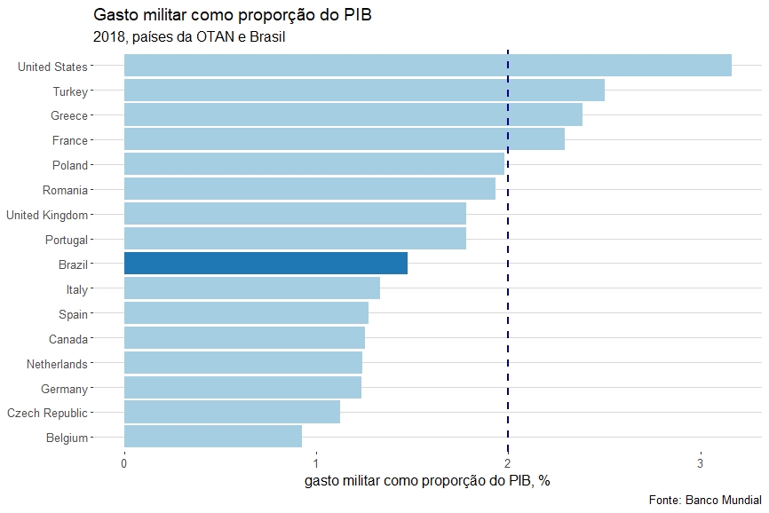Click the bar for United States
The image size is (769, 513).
click(427, 66)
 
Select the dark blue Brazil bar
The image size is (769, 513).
click(266, 264)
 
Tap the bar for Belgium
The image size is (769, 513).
click(212, 437)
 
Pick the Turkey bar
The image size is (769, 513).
click(364, 91)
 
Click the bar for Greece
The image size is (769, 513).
click(353, 115)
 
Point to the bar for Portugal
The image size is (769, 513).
click(295, 239)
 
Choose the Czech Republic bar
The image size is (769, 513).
click(232, 412)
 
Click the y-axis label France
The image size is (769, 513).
click(70, 140)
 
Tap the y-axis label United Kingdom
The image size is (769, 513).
click(47, 215)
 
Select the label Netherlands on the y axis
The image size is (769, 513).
click(57, 364)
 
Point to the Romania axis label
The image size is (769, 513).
click(65, 190)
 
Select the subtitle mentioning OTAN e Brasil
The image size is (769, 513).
click(188, 37)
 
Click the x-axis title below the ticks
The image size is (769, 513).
click(427, 481)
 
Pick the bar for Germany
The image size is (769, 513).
click(242, 388)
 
